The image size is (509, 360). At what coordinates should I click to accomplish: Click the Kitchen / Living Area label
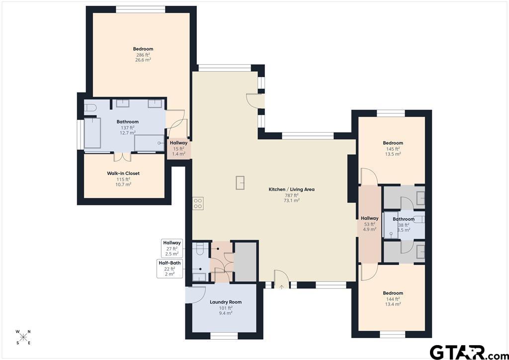coord(291,189)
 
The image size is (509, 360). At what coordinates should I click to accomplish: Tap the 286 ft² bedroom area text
coord(143,55)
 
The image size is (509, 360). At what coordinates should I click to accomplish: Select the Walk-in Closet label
coord(123,174)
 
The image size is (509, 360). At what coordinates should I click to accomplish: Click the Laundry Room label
coord(226,302)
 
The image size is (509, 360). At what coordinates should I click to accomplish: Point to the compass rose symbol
coord(23,337)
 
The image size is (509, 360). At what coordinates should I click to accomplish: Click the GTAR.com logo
coord(467,351)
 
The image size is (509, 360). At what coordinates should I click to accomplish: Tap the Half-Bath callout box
coord(170,268)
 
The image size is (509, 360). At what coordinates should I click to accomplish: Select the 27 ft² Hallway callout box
coord(171,248)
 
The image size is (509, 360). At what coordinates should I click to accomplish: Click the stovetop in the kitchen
coord(198,203)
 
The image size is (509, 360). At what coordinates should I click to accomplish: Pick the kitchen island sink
coord(240,182)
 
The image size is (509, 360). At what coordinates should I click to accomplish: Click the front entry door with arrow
coord(281,279)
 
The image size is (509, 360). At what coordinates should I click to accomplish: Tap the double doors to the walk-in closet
coord(122,157)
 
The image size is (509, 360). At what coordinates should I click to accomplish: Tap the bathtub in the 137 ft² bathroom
coord(92,133)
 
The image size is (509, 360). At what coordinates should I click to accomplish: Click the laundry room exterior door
coord(195,294)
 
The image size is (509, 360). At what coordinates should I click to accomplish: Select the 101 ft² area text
coord(226,308)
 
